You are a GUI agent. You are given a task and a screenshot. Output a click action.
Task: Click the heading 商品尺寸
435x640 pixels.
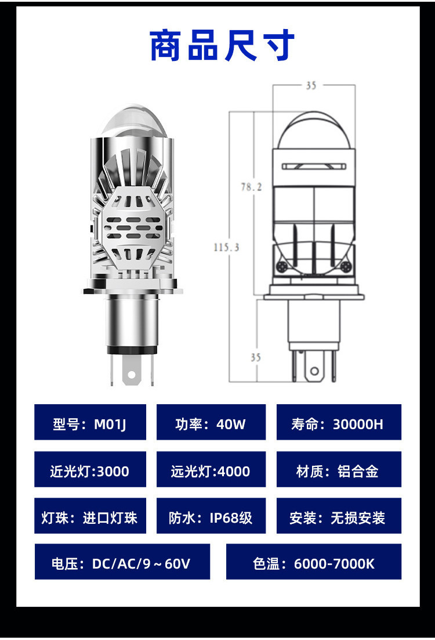pos(222,46)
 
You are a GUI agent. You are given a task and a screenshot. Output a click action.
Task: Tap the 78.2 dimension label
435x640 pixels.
pos(251,186)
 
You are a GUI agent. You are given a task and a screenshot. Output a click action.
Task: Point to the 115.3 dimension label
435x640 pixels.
pos(226,247)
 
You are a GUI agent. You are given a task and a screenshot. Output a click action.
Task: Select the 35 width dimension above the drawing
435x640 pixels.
pos(311,85)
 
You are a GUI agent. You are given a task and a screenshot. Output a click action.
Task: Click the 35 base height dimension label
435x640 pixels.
pos(256,357)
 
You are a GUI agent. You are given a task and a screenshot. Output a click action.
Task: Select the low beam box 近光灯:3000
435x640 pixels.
pos(90,469)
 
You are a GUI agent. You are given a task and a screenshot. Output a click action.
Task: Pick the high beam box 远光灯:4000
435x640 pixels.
pos(211,469)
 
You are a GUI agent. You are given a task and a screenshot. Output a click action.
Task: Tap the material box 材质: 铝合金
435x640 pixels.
pos(338,469)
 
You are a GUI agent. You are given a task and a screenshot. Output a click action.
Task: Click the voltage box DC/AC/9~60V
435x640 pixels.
pos(122,562)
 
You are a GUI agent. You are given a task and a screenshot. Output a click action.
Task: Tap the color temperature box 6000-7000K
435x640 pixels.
pos(314,562)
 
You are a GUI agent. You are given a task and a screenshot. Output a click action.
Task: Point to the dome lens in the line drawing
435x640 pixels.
pos(313,131)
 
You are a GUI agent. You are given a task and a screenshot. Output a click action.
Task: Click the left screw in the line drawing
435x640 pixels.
pos(282,267)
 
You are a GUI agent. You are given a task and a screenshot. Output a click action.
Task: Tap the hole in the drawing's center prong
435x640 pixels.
pos(314,371)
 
